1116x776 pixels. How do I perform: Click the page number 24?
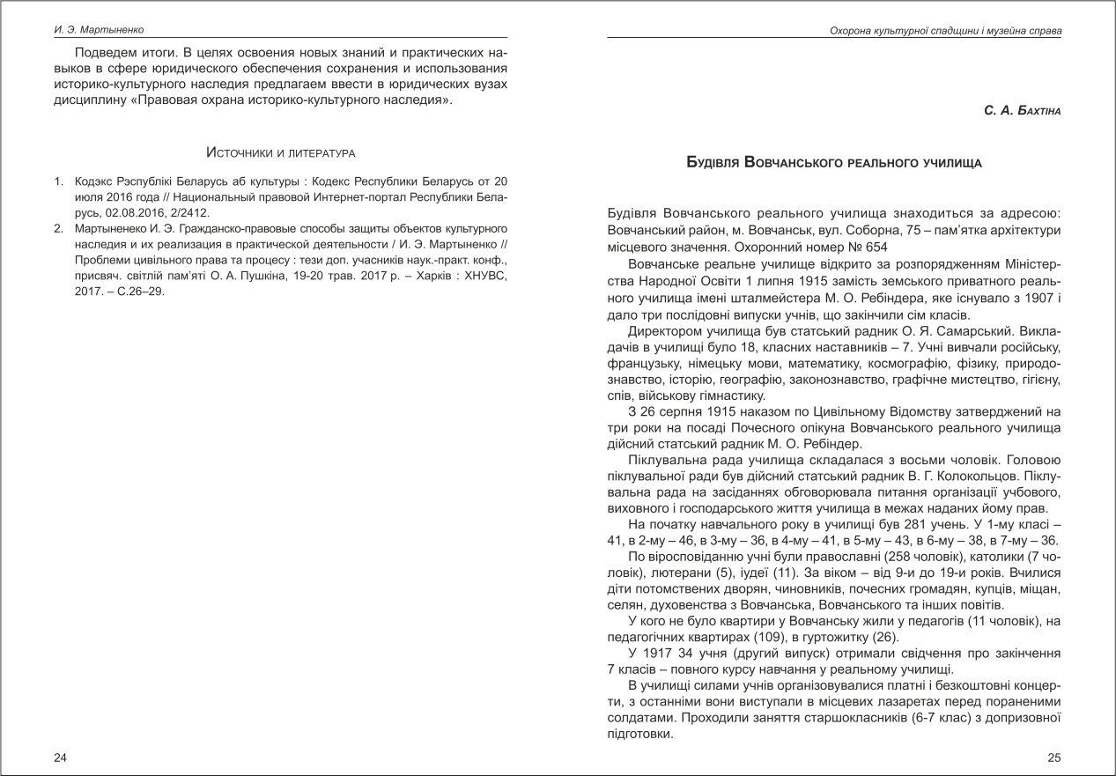click(59, 758)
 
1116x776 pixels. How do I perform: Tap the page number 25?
click(1054, 758)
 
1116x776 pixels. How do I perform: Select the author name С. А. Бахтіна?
click(1023, 112)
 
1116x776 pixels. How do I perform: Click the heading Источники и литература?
click(280, 153)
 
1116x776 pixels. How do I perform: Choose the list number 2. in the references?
click(58, 228)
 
